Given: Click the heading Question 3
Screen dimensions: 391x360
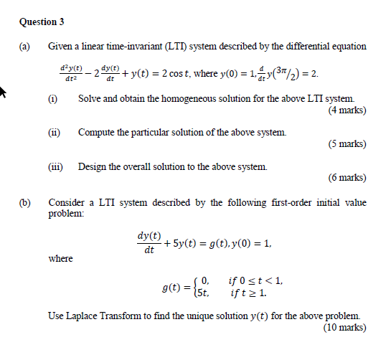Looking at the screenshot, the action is tap(38, 22).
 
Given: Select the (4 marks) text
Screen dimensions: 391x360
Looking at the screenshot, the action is tap(347, 111).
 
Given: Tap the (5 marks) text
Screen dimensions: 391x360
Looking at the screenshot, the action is tap(347, 143).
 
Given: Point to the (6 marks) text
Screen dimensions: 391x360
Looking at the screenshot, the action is tap(347, 177).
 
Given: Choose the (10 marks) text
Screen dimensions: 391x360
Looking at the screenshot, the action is tap(344, 328).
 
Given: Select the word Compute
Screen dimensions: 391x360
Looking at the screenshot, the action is tap(96, 133).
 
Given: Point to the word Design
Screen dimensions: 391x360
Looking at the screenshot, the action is tap(92, 167).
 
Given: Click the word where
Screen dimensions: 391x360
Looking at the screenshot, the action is tap(60, 258).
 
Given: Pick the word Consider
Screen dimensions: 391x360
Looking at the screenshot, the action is tap(66, 203).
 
